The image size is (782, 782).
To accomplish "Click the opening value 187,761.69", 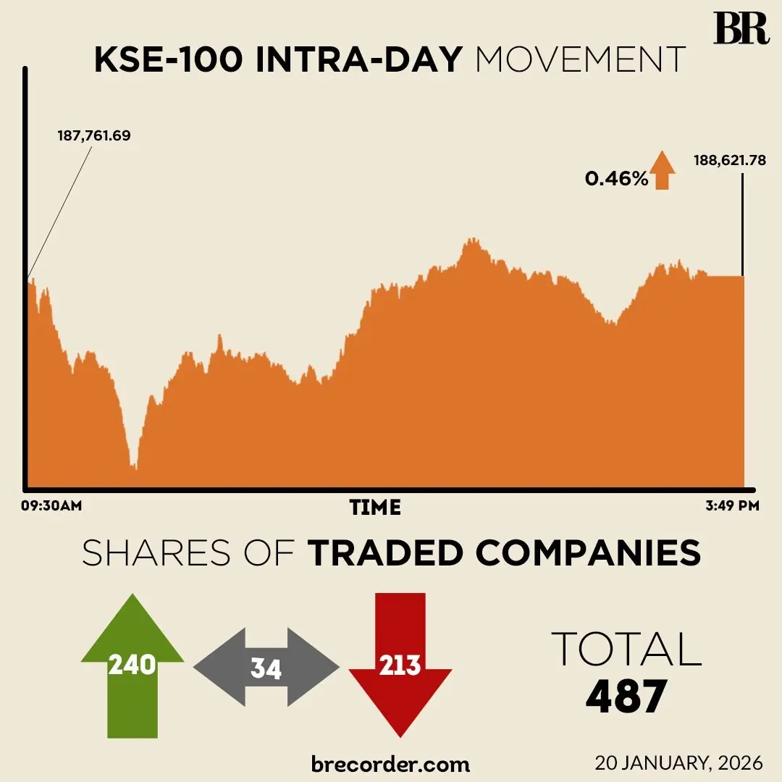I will [94, 135].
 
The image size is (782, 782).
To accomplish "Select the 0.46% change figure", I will [616, 178].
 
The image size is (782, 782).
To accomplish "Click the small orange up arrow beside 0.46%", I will [662, 170].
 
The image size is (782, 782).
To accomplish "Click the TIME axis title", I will [375, 508].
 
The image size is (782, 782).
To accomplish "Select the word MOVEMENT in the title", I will [580, 61].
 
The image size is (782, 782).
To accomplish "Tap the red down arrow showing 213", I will [400, 663].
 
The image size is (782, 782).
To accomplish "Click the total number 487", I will [626, 697].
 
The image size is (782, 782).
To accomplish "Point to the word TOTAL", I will [626, 649].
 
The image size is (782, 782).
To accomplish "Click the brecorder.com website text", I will [390, 763].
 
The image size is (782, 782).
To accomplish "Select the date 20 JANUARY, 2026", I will [679, 763].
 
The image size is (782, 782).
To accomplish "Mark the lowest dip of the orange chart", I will [134, 467].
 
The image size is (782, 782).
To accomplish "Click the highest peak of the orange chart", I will [471, 240].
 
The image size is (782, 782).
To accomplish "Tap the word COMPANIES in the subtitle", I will [589, 554].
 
